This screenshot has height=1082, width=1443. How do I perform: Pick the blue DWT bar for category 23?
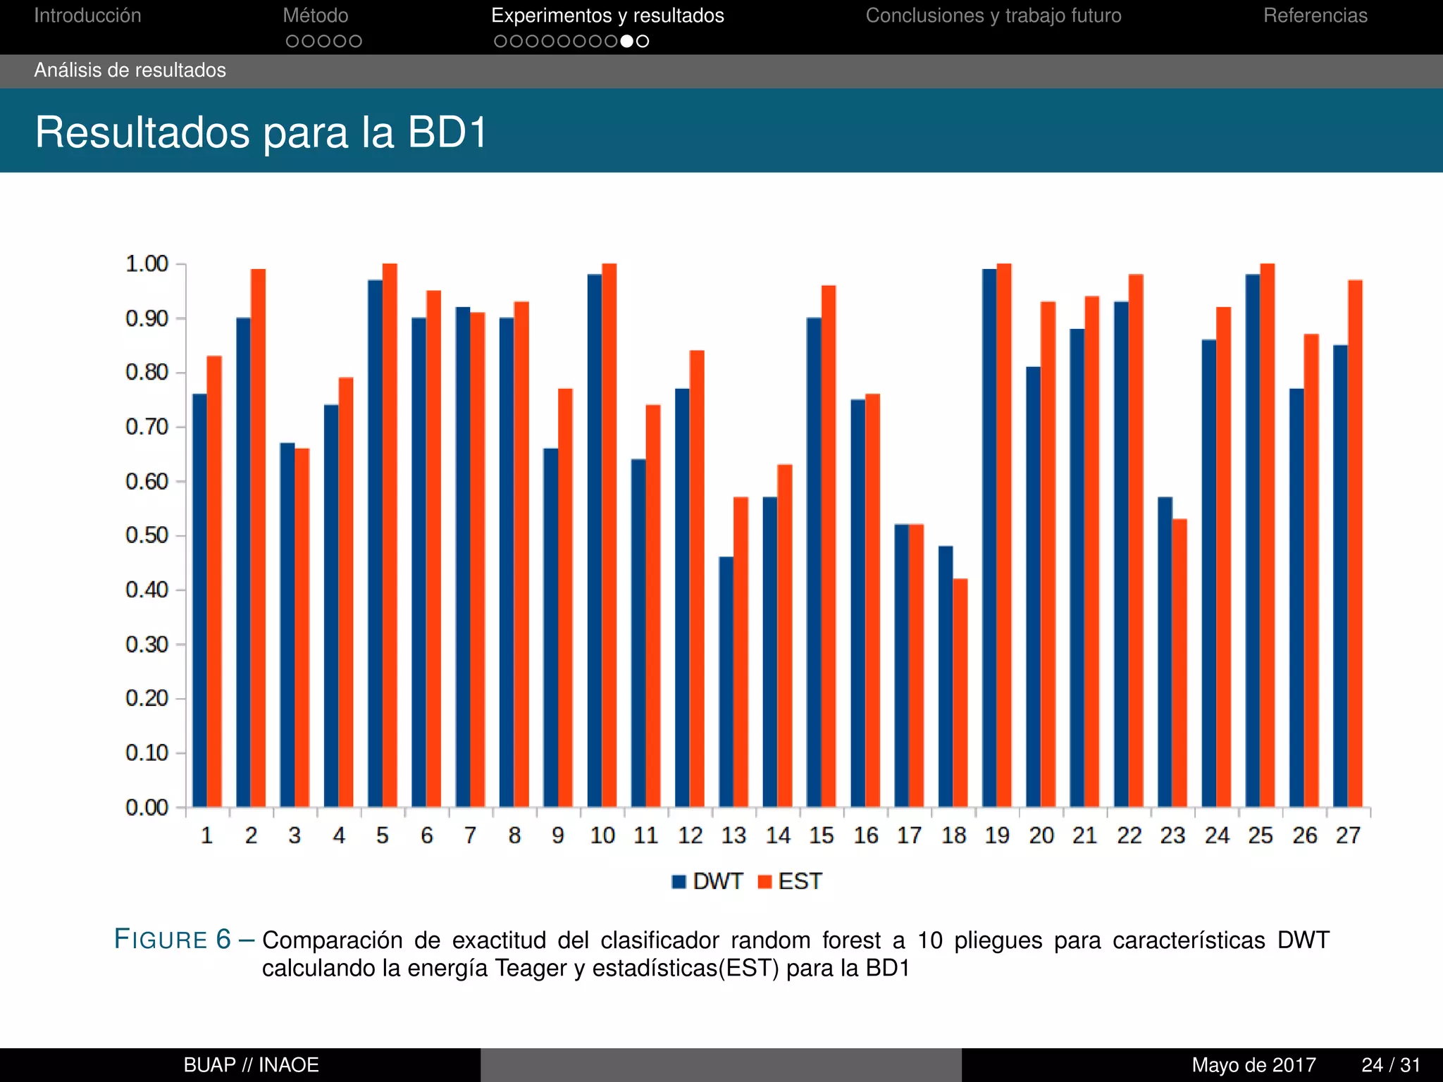coord(1165,652)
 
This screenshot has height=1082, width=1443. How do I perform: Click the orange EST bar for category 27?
coord(1355,543)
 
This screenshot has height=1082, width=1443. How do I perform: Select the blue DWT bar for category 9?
coord(550,627)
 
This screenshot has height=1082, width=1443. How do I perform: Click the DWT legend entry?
coord(707,881)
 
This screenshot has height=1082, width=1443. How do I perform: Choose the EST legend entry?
coord(790,881)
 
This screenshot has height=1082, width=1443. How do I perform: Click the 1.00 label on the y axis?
coord(147,264)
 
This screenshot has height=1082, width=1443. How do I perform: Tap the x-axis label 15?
coord(822,835)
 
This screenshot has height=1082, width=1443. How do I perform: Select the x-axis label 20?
coord(1041,835)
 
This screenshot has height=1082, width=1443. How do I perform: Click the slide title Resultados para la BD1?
coord(261,132)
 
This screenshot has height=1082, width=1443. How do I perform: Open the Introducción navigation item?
coord(87,15)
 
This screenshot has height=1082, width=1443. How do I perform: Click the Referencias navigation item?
coord(1315,15)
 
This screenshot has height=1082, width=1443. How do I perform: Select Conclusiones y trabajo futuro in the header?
coord(993,15)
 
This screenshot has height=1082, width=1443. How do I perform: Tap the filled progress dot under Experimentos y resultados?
coord(626,42)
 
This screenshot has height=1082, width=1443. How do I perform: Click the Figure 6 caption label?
coord(173,940)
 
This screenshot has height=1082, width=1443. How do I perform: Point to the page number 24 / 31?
coord(1390,1064)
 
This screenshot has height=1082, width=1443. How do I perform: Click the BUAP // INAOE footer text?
coord(251,1064)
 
